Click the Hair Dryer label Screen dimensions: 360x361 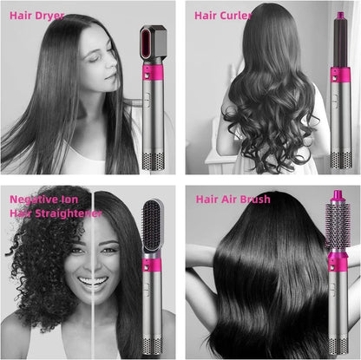tap(36, 16)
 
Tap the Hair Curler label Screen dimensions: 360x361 tap(224, 15)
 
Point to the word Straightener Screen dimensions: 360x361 tap(66, 213)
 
